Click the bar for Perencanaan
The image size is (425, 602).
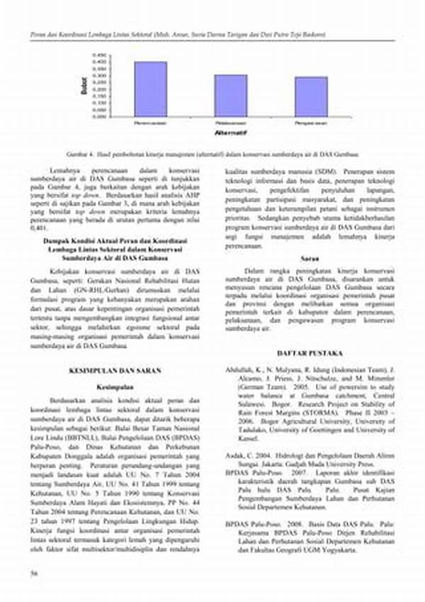click(150, 89)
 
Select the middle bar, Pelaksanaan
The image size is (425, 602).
click(231, 95)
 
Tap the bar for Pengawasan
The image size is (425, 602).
click(311, 96)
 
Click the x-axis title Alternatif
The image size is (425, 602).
click(230, 133)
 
